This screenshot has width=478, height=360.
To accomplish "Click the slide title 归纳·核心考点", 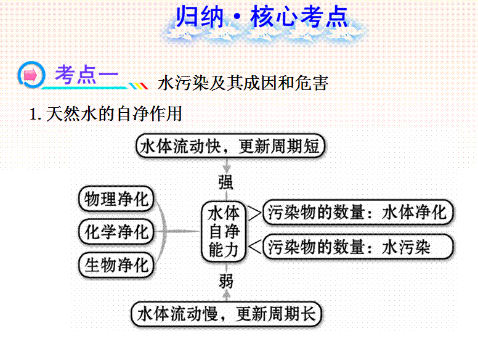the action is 262,17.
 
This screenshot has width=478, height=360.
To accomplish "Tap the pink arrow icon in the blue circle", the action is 30,75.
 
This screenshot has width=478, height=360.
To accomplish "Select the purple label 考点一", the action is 86,75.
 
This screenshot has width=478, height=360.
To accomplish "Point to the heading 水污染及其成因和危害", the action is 243,83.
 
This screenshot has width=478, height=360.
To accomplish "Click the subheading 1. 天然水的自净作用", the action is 105,114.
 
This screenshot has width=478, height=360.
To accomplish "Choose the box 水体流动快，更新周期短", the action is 230,146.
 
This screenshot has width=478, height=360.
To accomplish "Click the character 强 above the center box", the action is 226,182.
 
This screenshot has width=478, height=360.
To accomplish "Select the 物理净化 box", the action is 116,199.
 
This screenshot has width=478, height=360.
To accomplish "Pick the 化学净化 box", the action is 116,232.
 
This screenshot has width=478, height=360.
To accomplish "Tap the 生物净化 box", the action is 116,265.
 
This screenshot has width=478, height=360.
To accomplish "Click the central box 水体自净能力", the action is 224,231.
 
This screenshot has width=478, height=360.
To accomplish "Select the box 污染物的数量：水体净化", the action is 358,212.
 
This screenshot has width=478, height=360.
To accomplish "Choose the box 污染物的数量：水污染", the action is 358,247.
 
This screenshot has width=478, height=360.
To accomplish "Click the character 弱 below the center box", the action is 226,281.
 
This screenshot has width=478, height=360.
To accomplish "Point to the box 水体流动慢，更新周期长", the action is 227,314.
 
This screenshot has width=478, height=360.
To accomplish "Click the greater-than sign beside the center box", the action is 254,213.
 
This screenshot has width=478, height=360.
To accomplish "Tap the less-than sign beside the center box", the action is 255,246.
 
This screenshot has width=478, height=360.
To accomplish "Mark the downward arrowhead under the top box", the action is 226,168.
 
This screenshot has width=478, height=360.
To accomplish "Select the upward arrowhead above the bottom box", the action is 226,294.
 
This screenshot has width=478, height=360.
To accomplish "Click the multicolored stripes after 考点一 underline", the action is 139,86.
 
